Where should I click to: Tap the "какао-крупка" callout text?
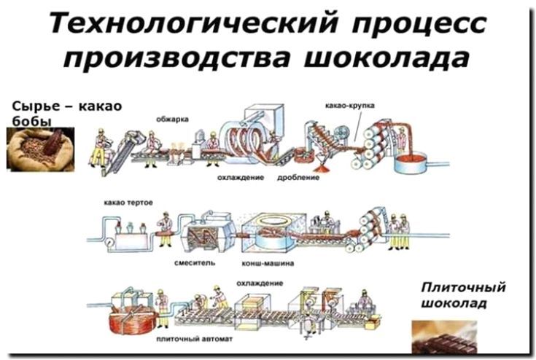pos(350,106)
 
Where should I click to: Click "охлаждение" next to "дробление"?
pos(239,178)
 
